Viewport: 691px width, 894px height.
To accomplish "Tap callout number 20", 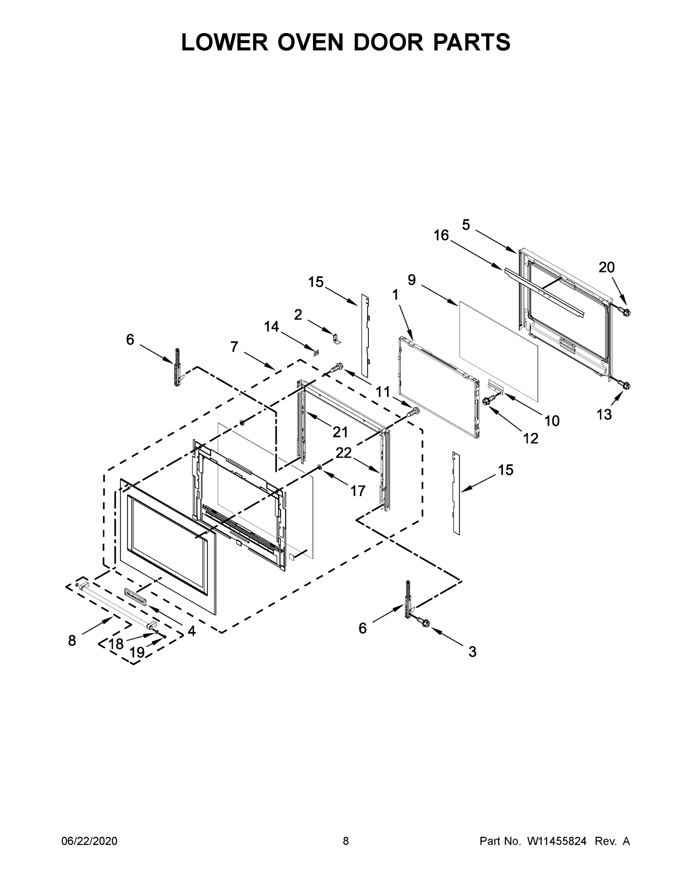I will click(607, 268).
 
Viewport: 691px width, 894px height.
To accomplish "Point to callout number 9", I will click(411, 280).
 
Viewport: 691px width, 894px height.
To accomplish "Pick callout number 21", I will click(340, 432).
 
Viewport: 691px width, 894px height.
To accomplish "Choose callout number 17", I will click(358, 491).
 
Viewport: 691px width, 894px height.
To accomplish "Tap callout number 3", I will click(472, 652).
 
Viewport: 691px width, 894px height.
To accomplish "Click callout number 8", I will click(72, 641).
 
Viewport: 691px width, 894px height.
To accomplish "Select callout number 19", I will click(137, 652).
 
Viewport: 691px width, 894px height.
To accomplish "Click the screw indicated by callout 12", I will click(488, 401).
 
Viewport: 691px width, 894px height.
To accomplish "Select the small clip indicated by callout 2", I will click(336, 339).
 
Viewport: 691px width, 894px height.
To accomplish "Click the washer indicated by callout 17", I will click(319, 467).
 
